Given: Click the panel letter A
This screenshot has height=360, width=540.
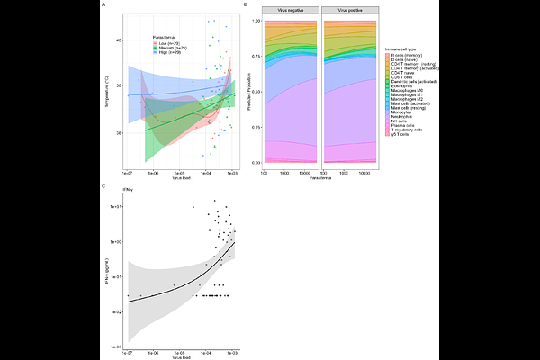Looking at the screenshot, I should tap(103, 5).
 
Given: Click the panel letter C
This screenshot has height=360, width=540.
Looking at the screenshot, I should tap(103, 186).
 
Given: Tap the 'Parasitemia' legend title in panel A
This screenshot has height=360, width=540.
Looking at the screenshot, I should tap(165, 37).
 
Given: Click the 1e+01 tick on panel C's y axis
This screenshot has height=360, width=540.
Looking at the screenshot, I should tap(116, 206).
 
